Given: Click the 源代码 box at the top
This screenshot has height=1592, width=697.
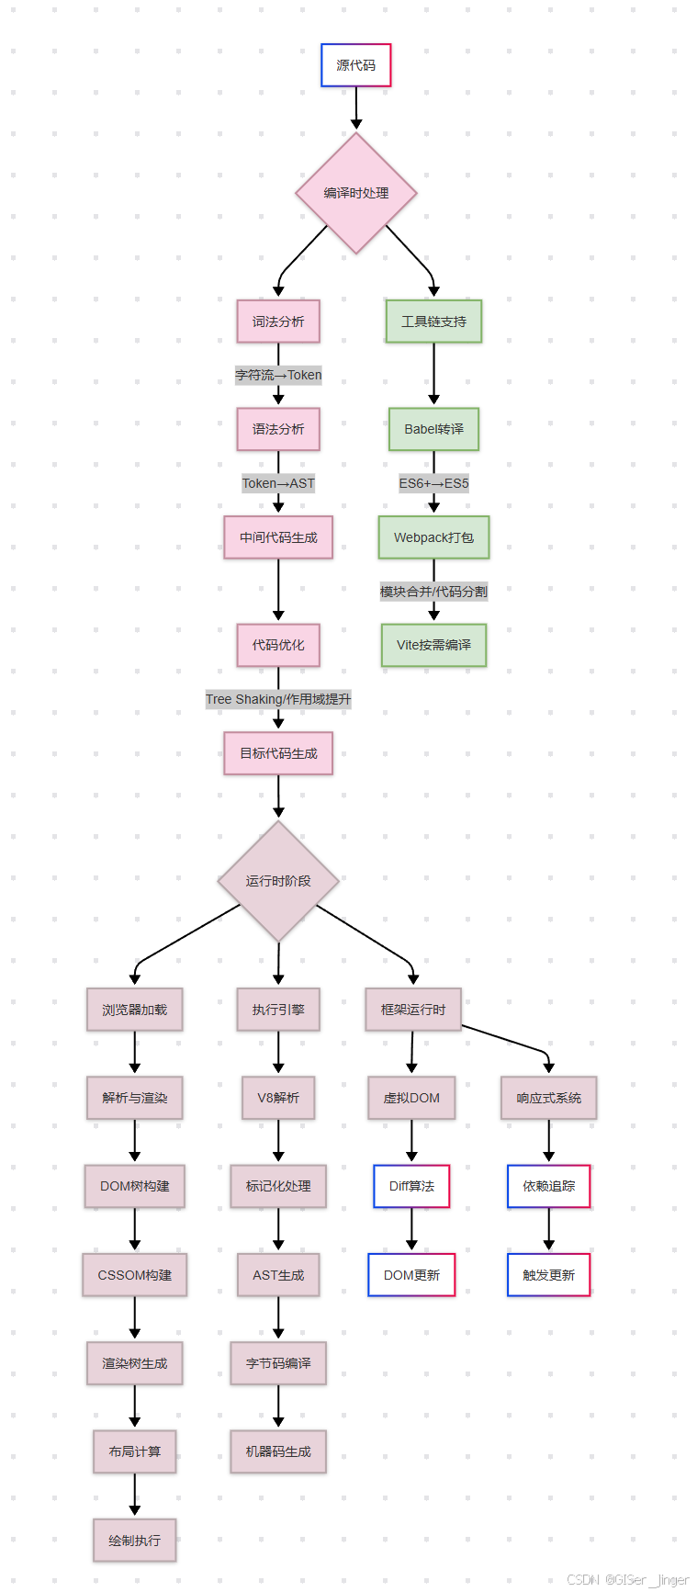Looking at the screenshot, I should (355, 65).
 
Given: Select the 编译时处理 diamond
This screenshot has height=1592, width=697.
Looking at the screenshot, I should (356, 193).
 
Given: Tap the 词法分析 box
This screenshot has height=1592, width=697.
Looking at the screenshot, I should (278, 322).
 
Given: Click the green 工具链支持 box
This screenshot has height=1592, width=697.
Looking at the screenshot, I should (433, 322).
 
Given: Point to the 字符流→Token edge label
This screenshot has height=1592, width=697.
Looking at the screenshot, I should (278, 375).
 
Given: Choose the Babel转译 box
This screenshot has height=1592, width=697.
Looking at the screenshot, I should (433, 429).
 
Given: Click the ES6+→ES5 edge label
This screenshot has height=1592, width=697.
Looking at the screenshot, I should (433, 483).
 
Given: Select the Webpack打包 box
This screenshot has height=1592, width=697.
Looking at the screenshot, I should (433, 537).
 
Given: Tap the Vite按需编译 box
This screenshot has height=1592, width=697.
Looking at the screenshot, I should (433, 645).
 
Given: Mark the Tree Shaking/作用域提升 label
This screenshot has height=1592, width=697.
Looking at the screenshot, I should (278, 699).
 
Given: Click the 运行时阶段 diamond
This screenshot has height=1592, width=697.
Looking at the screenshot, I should (278, 881).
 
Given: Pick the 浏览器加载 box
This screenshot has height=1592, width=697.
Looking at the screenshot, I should (135, 1010).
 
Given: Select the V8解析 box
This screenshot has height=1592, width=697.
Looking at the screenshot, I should (278, 1098).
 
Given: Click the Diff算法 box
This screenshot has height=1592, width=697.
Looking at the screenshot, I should (411, 1186).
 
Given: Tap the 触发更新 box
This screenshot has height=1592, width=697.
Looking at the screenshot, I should (548, 1275).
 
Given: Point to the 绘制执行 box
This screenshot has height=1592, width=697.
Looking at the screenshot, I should (135, 1541).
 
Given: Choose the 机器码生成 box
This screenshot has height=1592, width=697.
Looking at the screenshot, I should (278, 1451).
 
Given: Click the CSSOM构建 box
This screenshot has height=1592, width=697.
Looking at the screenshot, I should (135, 1275).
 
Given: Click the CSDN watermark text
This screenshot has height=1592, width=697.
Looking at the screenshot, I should (627, 1580).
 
